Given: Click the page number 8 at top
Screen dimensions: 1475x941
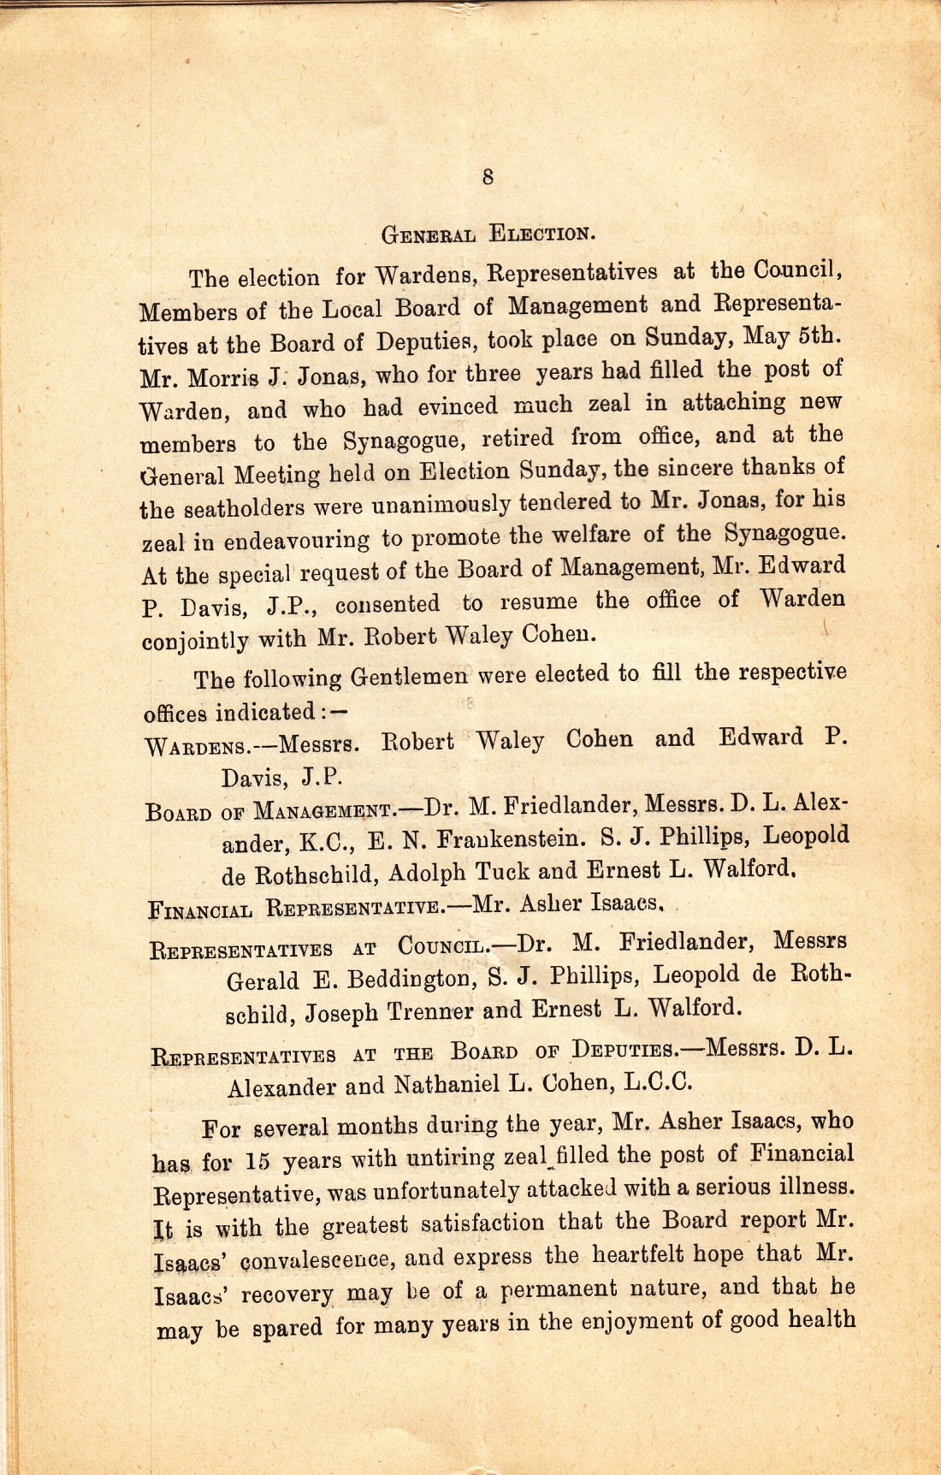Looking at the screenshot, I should (487, 177).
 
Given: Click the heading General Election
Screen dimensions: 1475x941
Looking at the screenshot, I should (486, 233).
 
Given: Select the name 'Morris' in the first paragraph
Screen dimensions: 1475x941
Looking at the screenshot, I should (227, 376).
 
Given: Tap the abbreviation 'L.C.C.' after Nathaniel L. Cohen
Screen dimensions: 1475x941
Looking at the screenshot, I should (657, 1082).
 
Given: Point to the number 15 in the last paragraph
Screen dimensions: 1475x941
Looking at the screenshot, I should (258, 1162).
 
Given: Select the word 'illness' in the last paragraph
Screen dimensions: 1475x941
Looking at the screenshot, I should (813, 1187).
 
